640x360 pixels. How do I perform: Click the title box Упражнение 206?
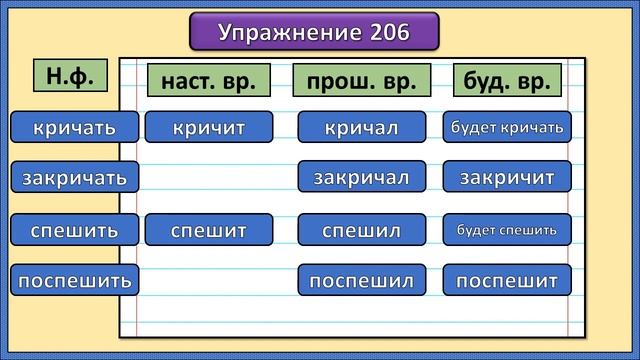point(314,32)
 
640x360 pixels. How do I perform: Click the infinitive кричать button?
point(74,127)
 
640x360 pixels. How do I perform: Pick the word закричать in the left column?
point(75,178)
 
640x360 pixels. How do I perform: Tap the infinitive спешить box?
point(74,230)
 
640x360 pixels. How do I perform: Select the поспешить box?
point(75,280)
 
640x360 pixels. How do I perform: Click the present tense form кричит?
point(208,127)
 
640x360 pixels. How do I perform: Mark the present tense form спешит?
point(208,230)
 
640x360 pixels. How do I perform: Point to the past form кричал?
point(361,127)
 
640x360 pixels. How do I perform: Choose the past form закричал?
point(361,178)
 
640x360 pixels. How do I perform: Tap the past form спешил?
point(361,230)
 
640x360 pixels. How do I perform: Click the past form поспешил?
point(361,280)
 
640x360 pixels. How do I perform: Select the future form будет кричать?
point(507,127)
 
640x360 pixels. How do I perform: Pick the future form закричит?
point(507,178)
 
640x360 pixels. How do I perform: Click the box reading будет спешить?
point(507,230)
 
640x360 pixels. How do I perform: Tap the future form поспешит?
point(507,280)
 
